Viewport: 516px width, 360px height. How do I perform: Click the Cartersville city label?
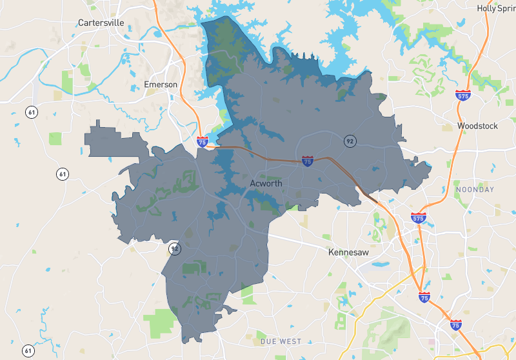coord(101,23)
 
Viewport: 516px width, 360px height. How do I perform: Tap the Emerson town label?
coord(161,85)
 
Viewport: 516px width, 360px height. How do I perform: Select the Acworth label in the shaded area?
coord(266,184)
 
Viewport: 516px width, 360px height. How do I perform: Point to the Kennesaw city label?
coord(348,252)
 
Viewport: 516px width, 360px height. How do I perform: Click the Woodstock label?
coord(477,126)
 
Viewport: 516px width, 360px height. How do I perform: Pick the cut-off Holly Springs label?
coord(496,8)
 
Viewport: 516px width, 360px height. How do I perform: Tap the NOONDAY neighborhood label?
coord(475,190)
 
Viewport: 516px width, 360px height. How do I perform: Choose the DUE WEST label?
coord(281,341)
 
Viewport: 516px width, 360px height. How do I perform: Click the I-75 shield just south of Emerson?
coord(203,141)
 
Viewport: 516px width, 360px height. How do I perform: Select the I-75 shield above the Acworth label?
coord(308,161)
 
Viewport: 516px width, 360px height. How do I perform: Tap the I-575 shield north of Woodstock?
coord(462,95)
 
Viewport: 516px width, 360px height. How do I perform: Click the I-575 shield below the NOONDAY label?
coord(419,218)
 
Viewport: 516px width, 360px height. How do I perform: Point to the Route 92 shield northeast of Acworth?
coord(350,141)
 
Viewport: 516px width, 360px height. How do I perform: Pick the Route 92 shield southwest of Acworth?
coord(174,248)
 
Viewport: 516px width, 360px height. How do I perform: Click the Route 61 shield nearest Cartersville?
coord(31,112)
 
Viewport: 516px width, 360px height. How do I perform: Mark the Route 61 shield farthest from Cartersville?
coord(28,351)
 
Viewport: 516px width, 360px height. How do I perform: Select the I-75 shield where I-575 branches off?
coord(424,297)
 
